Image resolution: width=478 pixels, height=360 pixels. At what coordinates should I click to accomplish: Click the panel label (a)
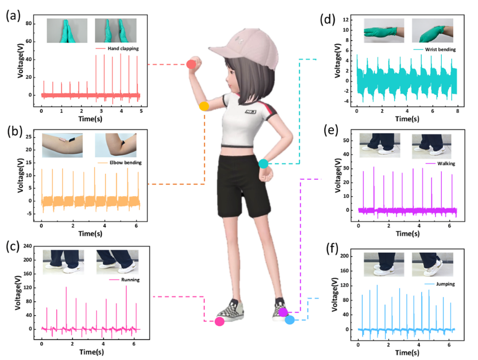(13, 15)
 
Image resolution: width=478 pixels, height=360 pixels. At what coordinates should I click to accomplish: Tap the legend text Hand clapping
(119, 49)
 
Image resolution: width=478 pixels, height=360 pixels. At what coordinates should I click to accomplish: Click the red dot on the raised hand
(191, 64)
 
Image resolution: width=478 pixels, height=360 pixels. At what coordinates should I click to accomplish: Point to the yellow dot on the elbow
(204, 106)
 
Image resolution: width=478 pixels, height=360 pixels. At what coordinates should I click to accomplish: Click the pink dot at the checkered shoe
(219, 321)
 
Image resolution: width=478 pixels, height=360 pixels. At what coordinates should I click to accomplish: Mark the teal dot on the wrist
(264, 163)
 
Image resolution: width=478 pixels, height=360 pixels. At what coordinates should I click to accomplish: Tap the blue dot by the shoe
(289, 320)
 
